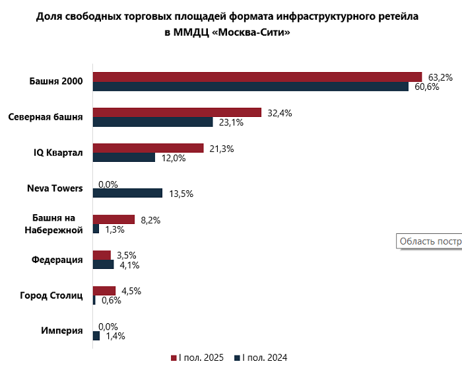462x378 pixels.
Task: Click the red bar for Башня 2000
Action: pos(257,77)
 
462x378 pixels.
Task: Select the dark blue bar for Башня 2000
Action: pos(251,87)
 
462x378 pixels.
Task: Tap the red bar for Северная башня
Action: pos(178,112)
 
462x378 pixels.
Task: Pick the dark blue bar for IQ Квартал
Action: pos(123,158)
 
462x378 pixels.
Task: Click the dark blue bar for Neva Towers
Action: pos(127,193)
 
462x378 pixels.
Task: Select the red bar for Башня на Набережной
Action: pos(114,219)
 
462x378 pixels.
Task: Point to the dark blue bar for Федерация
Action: pos(103,264)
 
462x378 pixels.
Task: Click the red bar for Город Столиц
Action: pos(104,291)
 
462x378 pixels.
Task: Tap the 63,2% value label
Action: pos(440,77)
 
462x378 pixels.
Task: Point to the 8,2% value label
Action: pos(149,219)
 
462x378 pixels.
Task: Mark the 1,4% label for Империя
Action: pos(115,336)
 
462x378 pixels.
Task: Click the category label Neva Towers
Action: pos(55,188)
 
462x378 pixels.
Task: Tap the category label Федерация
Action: pos(57,260)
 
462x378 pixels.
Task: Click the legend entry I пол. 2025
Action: pos(198,358)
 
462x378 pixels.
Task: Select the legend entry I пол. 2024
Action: pos(261,358)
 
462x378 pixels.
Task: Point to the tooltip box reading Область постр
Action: pos(429,241)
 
